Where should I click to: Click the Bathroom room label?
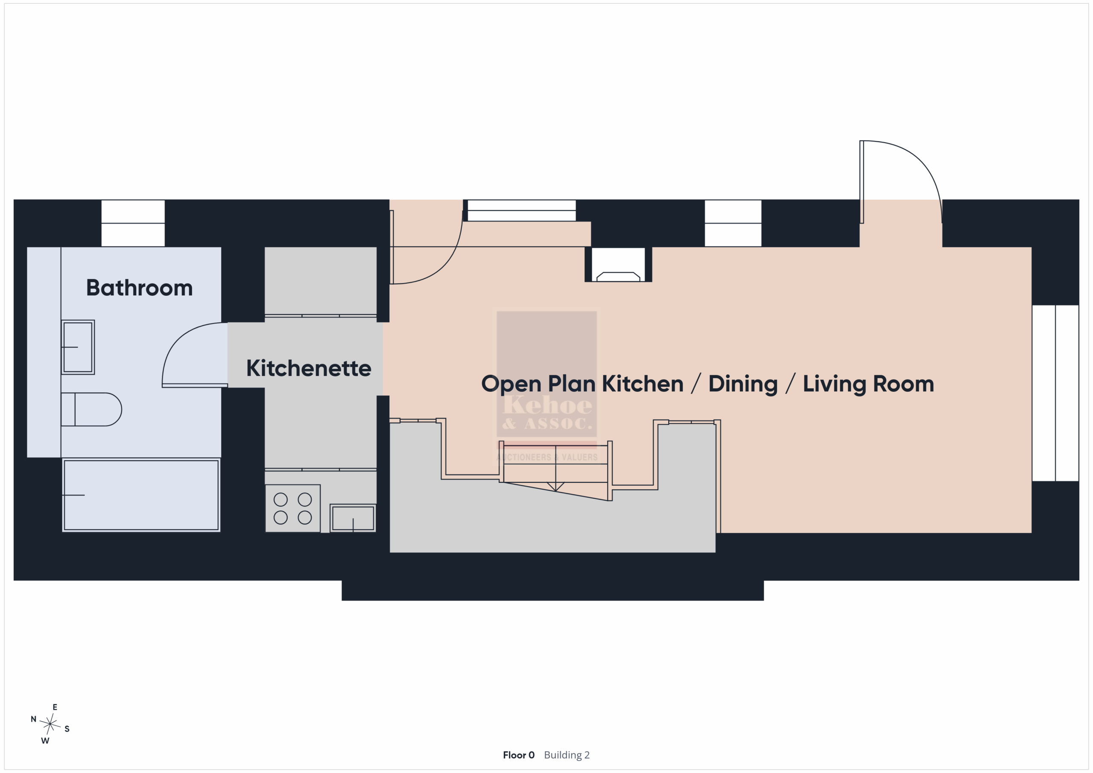[140, 288]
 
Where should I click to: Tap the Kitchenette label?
[309, 368]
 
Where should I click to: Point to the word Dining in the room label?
[742, 385]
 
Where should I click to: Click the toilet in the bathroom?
[91, 409]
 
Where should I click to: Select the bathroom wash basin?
[78, 347]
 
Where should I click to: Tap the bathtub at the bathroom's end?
[141, 495]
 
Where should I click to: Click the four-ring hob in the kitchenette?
[293, 508]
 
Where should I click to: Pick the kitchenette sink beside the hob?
[353, 518]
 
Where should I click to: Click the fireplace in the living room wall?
[618, 265]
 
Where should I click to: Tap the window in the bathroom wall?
[133, 223]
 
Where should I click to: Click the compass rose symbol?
[50, 724]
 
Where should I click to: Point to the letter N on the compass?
[33, 719]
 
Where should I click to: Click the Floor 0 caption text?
[518, 755]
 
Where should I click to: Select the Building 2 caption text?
[567, 755]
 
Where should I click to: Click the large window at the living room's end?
[1055, 393]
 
